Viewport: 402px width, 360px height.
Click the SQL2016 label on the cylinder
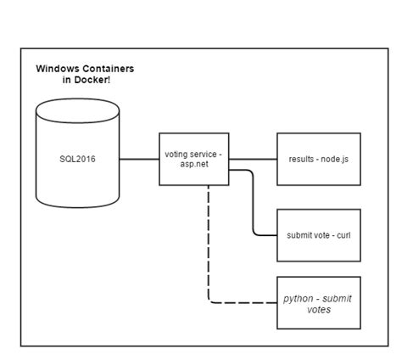pos(77,159)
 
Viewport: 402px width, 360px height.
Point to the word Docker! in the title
pos(102,80)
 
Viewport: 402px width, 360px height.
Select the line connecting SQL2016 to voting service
pos(139,159)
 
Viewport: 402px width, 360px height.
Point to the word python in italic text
pos(299,298)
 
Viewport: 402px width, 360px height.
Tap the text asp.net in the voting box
pos(194,166)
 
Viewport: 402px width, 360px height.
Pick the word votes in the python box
pos(319,310)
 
